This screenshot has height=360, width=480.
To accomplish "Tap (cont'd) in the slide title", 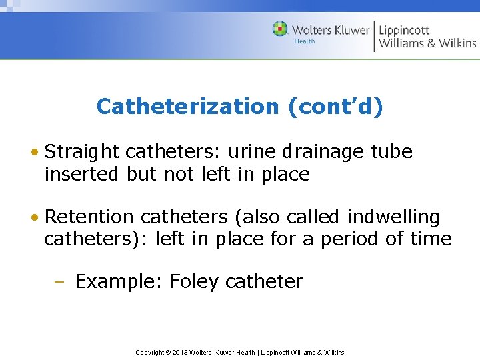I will pyautogui.click(x=336, y=107).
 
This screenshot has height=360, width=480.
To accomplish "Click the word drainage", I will pyautogui.click(x=325, y=153).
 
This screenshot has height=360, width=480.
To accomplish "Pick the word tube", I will pyautogui.click(x=394, y=152).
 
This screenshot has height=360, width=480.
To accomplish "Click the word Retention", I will pyautogui.click(x=89, y=217).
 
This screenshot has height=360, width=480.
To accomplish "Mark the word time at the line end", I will pyautogui.click(x=430, y=239).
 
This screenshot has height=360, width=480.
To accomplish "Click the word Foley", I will pyautogui.click(x=194, y=281).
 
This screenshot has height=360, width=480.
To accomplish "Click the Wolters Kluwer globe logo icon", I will pyautogui.click(x=280, y=29).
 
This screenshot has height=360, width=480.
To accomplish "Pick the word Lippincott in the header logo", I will pyautogui.click(x=404, y=30).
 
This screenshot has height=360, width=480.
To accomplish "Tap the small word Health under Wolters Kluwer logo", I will pyautogui.click(x=304, y=42).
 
